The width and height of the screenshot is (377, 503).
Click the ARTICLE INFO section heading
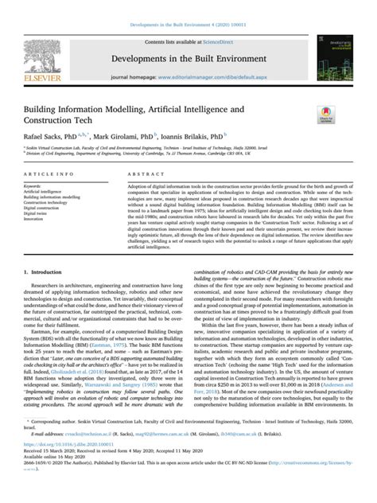click(45, 173)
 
